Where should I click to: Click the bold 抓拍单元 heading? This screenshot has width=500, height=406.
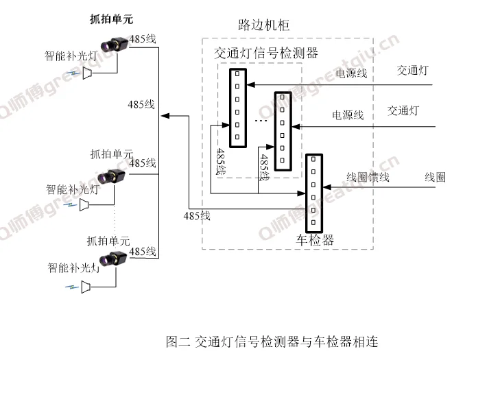click(112, 19)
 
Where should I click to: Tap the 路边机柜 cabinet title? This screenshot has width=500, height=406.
click(263, 25)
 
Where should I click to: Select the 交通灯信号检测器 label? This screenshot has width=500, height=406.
click(266, 53)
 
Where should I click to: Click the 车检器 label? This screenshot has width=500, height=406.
click(315, 240)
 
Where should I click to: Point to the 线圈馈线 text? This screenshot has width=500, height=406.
click(368, 177)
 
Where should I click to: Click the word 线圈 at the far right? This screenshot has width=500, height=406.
click(435, 177)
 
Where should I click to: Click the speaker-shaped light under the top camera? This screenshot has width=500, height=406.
click(88, 73)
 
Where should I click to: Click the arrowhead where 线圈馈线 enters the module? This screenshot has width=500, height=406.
click(326, 185)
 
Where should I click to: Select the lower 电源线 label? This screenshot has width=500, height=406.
click(348, 115)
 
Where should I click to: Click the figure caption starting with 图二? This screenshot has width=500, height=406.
click(272, 341)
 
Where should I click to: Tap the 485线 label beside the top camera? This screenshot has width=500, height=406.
click(143, 39)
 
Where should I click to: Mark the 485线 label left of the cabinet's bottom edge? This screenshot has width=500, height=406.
click(197, 216)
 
